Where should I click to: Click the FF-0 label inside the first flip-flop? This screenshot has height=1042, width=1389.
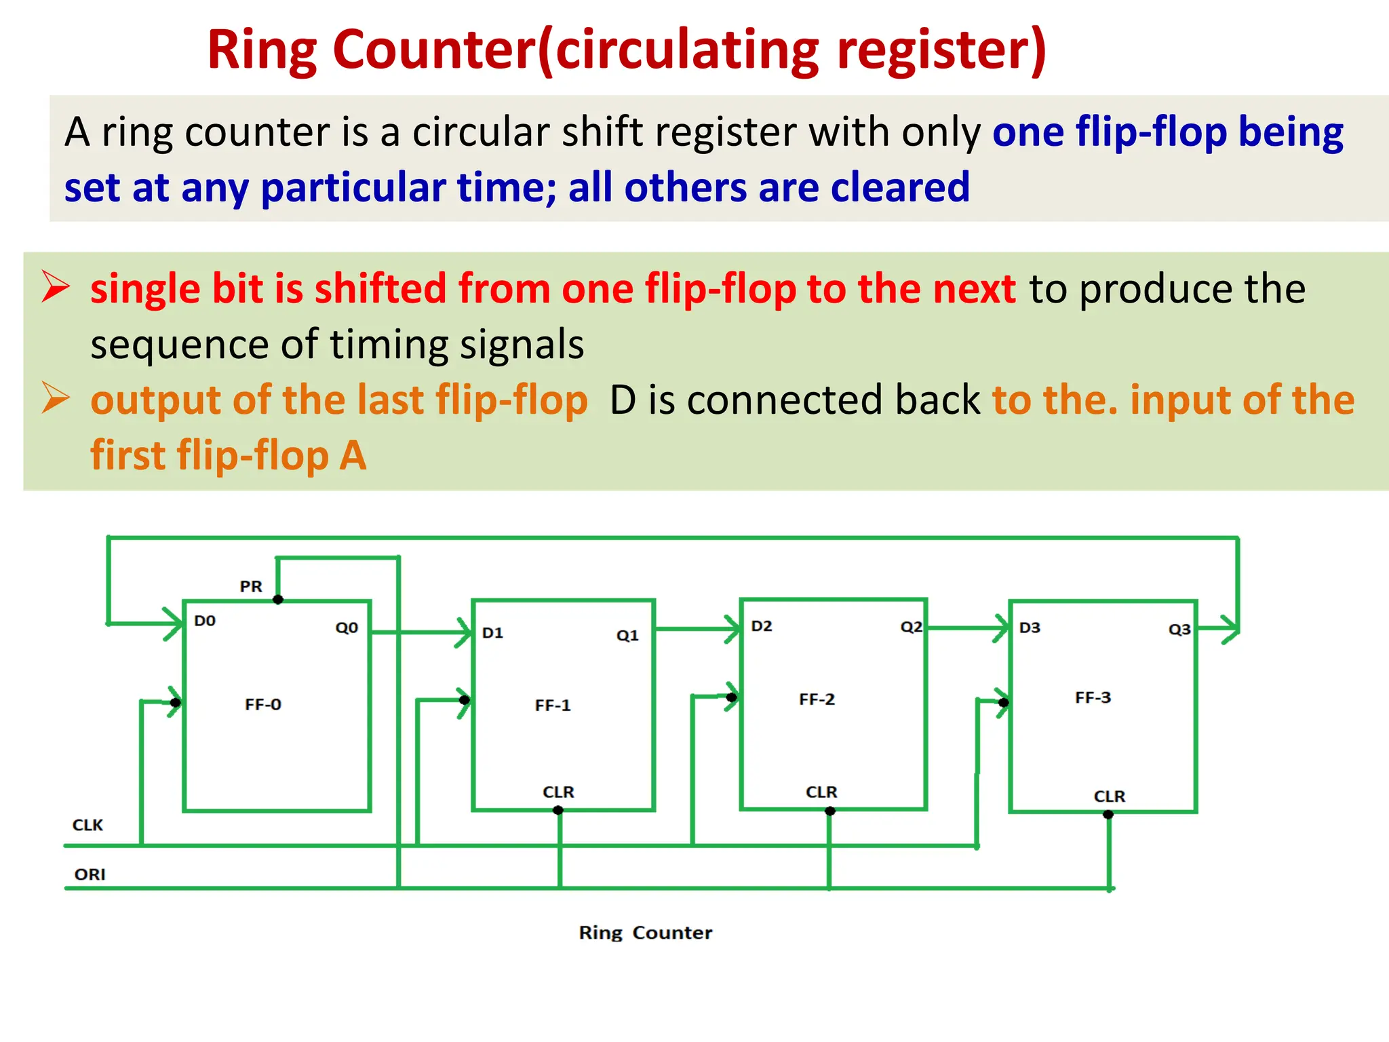pos(263,704)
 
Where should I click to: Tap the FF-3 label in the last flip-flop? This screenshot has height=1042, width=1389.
pos(1093,697)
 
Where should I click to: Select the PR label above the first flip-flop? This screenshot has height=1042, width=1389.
pos(251,586)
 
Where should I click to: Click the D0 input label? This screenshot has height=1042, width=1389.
pos(205,621)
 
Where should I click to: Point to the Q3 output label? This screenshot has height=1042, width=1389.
pos(1179,630)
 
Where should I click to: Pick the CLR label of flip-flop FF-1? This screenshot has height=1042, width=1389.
pos(558,792)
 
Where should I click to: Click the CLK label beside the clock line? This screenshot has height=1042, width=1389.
pos(88,825)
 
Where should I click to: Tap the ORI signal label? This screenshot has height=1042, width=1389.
pos(90,874)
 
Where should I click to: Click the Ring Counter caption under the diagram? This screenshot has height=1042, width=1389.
pos(645,933)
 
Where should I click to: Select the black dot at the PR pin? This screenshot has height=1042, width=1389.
pos(277,600)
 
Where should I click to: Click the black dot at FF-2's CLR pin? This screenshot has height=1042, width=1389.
pos(829,811)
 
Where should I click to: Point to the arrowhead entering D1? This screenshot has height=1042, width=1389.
pos(465,632)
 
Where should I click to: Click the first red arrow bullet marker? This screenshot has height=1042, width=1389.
pos(56,286)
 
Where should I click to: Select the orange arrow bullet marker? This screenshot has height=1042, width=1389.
pos(56,398)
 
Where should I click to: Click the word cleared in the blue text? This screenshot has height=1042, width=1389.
pos(899,187)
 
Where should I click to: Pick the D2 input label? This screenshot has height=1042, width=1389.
pos(762,626)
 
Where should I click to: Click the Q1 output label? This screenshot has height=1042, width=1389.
pos(627,636)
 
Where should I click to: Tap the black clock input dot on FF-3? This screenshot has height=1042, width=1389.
pos(1003,702)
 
